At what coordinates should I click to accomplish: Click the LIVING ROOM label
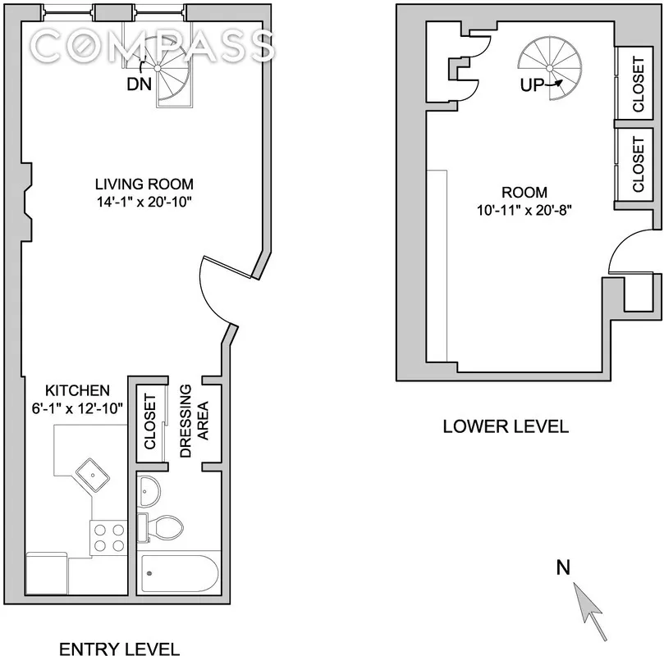[x=144, y=184]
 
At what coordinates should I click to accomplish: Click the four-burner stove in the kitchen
[x=108, y=537]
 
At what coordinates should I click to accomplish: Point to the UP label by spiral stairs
[x=533, y=84]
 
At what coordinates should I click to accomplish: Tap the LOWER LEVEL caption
[x=505, y=426]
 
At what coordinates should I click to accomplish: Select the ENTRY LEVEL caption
[x=119, y=649]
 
